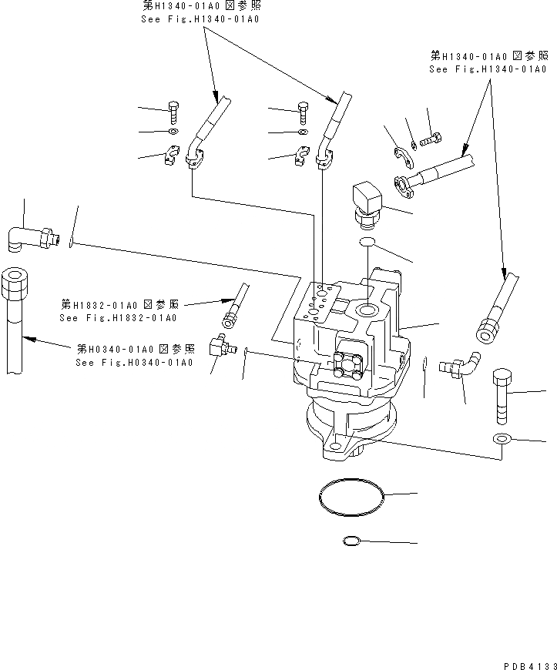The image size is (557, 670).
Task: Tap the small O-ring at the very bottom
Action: click(351, 541)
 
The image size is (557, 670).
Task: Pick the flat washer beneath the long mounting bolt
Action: click(501, 440)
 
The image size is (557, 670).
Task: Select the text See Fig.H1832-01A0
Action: click(118, 317)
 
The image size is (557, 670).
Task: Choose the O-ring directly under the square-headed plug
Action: click(368, 243)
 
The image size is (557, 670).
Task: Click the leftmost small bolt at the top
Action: click(173, 110)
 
